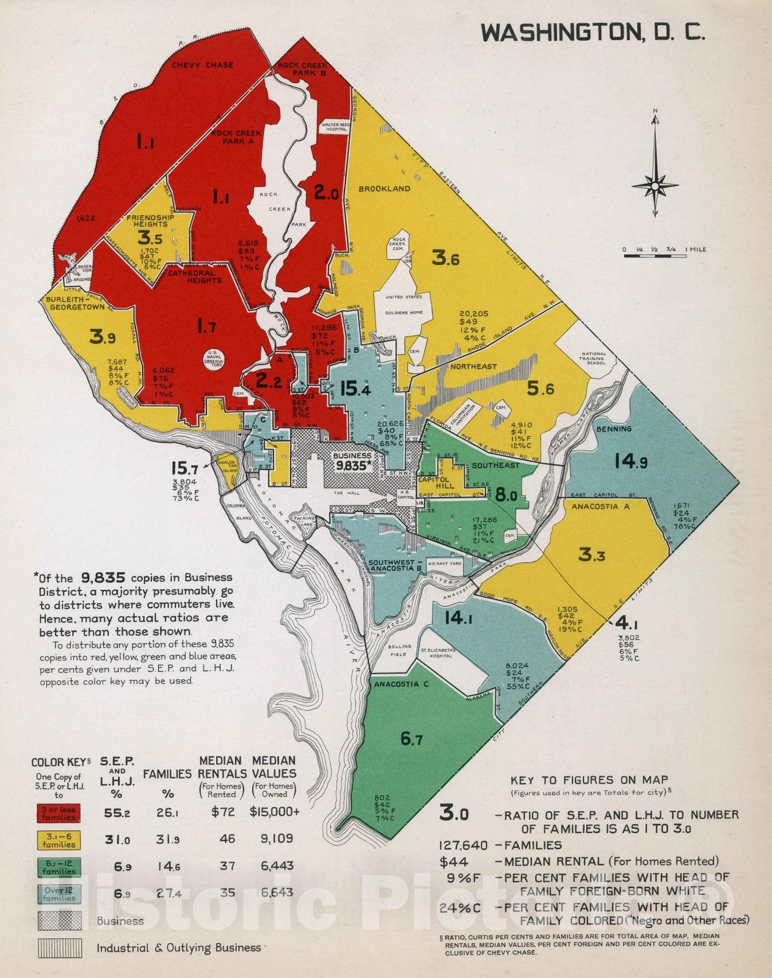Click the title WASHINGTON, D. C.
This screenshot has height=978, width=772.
pyautogui.click(x=592, y=32)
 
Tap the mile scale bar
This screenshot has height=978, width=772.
pyautogui.click(x=654, y=256)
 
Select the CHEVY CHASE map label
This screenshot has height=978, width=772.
pyautogui.click(x=202, y=65)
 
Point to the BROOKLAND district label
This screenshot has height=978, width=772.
pyautogui.click(x=384, y=189)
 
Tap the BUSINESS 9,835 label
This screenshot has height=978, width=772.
pyautogui.click(x=352, y=460)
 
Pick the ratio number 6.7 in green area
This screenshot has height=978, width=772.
pyautogui.click(x=411, y=740)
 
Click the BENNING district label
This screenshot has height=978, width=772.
pyautogui.click(x=614, y=429)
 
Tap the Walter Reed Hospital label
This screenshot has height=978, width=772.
pyautogui.click(x=336, y=126)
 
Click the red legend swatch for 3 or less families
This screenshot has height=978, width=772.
pyautogui.click(x=59, y=814)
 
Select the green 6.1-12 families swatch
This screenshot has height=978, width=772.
pyautogui.click(x=59, y=867)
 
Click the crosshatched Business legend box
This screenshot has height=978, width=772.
pyautogui.click(x=59, y=921)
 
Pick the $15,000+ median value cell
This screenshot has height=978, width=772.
pyautogui.click(x=274, y=812)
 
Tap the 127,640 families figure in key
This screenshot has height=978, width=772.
pyautogui.click(x=464, y=845)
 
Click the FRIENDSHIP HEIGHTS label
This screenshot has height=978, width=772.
pyautogui.click(x=150, y=221)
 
